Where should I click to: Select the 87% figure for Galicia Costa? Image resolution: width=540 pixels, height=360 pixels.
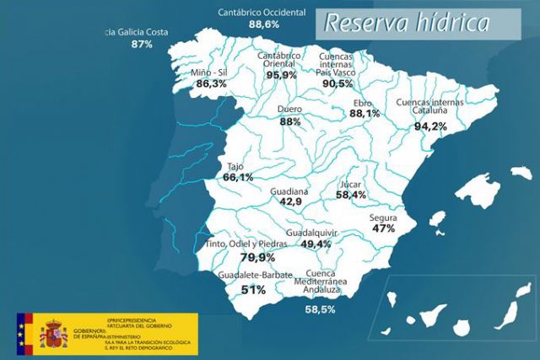[x=142, y=44]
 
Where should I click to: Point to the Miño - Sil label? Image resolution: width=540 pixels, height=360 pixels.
[x=211, y=72]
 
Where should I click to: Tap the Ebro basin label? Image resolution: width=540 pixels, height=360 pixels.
[x=362, y=102]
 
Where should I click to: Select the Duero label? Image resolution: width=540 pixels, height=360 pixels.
[x=290, y=110]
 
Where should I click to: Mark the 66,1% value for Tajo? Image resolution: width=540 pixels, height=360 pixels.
[x=239, y=178]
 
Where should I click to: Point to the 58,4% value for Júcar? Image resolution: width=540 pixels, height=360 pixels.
[x=350, y=195]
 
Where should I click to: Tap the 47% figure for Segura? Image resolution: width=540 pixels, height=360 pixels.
[x=384, y=228]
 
